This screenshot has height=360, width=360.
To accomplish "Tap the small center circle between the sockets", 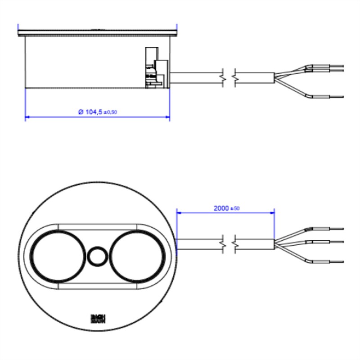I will pyautogui.click(x=97, y=257).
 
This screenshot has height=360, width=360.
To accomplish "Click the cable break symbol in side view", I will pyautogui.click(x=229, y=78).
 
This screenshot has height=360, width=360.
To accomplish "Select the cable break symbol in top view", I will pyautogui.click(x=229, y=244).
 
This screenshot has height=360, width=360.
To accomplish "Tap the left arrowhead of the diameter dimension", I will pyautogui.click(x=27, y=117).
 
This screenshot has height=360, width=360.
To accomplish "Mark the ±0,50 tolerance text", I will pyautogui.click(x=111, y=112).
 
